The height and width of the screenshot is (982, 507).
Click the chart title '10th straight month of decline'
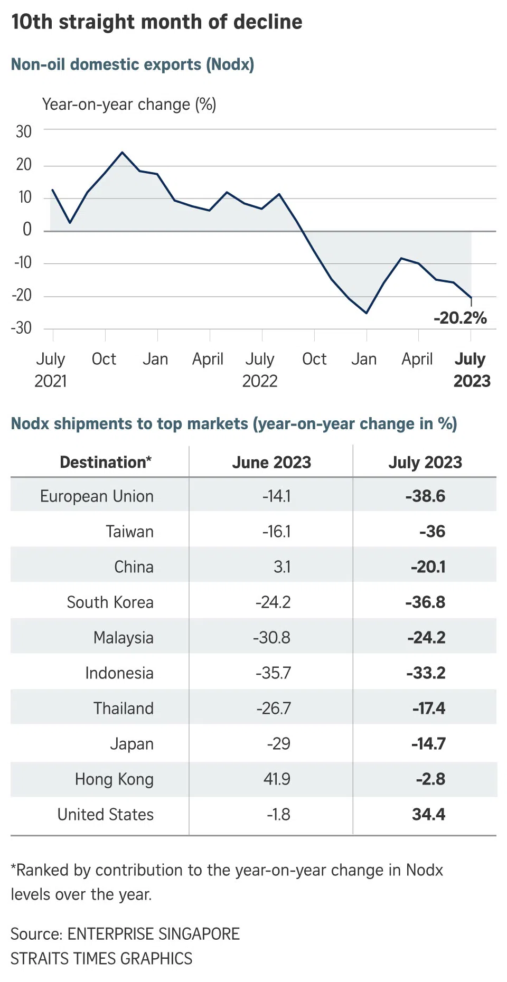coord(157,22)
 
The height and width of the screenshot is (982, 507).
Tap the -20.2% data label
coord(460,318)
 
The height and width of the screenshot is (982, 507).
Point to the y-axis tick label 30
coord(24,131)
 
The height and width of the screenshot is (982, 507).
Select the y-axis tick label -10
coord(23,262)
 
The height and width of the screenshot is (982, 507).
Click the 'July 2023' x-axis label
coord(472,370)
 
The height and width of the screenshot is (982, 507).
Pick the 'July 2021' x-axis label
coord(51,370)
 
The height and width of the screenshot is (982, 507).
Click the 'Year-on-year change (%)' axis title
coord(129,105)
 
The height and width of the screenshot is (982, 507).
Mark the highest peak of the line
coord(123,152)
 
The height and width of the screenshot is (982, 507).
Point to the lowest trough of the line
coord(367,313)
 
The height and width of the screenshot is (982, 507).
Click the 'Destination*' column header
coord(106,462)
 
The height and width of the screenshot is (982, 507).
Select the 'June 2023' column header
coord(271,462)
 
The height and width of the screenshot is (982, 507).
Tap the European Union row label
coord(97,496)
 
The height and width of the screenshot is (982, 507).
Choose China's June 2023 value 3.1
coord(282,567)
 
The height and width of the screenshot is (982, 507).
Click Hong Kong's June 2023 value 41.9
coord(277,779)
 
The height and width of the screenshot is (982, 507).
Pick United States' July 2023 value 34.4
coord(428,815)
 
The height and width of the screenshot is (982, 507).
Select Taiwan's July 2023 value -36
coord(432,532)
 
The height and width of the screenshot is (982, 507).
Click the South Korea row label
coord(110,602)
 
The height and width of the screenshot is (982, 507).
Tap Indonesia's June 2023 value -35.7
coord(273,673)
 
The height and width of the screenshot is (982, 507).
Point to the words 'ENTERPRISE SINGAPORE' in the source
coord(154,934)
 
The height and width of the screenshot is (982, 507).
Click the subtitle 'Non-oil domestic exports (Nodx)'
coord(133,64)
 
